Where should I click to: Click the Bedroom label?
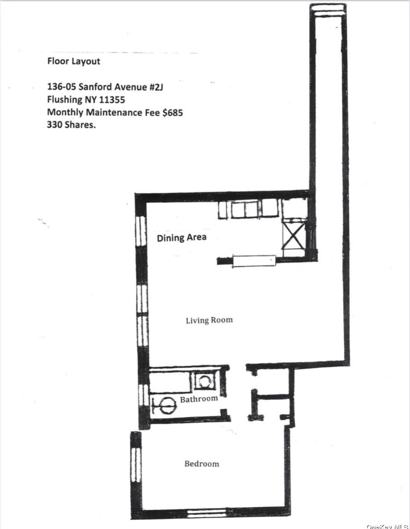pos(201,464)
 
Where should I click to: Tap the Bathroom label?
pos(199,399)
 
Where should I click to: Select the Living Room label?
pos(209,320)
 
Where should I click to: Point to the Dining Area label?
pos(181,237)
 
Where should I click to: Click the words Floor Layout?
pos(74,61)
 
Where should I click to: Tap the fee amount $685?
pos(172,113)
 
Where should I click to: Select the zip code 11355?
pos(110,100)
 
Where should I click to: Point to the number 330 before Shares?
pos(56,125)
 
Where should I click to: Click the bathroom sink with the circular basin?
pos(204,381)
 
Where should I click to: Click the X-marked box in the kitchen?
pos(293,236)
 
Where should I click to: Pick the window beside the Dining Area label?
pos(141,231)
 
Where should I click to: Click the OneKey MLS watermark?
pos(387,526)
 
